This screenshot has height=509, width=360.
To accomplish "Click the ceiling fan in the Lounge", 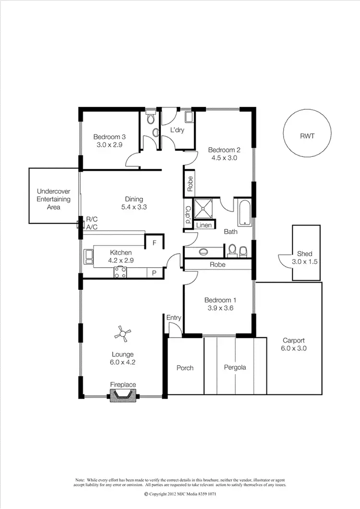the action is click(x=124, y=334).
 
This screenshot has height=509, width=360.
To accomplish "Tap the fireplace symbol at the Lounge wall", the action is click(x=123, y=395).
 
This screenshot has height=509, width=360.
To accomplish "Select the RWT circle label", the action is click(x=307, y=136).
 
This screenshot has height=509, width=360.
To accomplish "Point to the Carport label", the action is click(x=294, y=340).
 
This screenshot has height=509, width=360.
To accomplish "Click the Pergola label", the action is click(x=235, y=367).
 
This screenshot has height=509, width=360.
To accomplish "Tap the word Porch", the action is click(x=185, y=368).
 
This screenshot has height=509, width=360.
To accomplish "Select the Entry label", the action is click(x=173, y=318).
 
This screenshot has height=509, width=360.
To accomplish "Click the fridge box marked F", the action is click(x=154, y=243).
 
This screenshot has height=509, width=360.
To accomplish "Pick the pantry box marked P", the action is click(x=154, y=272).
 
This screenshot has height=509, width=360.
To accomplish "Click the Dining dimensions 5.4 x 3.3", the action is click(x=134, y=208).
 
